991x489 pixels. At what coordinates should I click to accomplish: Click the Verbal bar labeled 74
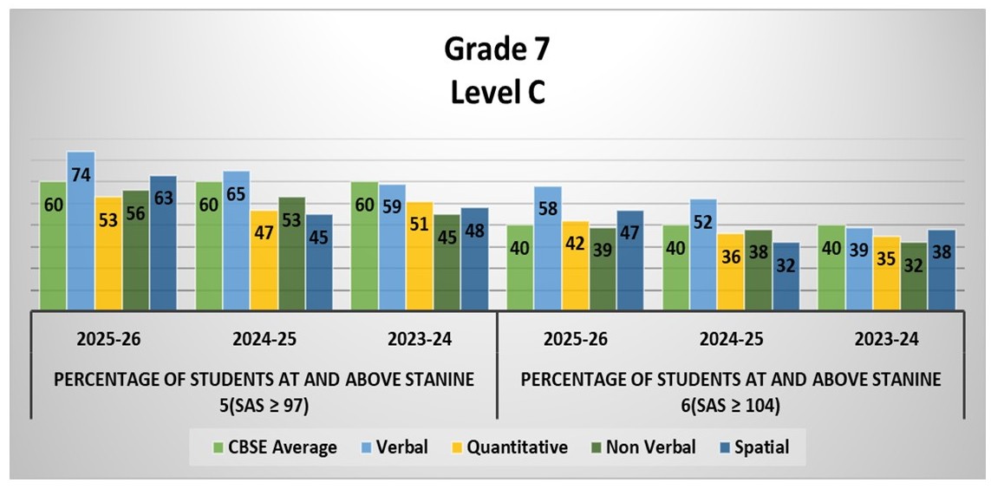81,230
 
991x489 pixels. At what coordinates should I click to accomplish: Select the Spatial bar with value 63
163,243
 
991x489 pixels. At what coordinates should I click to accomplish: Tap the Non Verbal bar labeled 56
135,250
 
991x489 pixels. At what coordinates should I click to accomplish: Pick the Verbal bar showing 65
236,239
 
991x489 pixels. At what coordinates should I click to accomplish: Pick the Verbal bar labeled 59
391,246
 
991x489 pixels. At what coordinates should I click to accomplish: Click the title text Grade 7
496,49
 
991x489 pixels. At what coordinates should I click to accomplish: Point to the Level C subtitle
496,92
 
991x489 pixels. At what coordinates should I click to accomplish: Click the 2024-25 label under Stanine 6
728,339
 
